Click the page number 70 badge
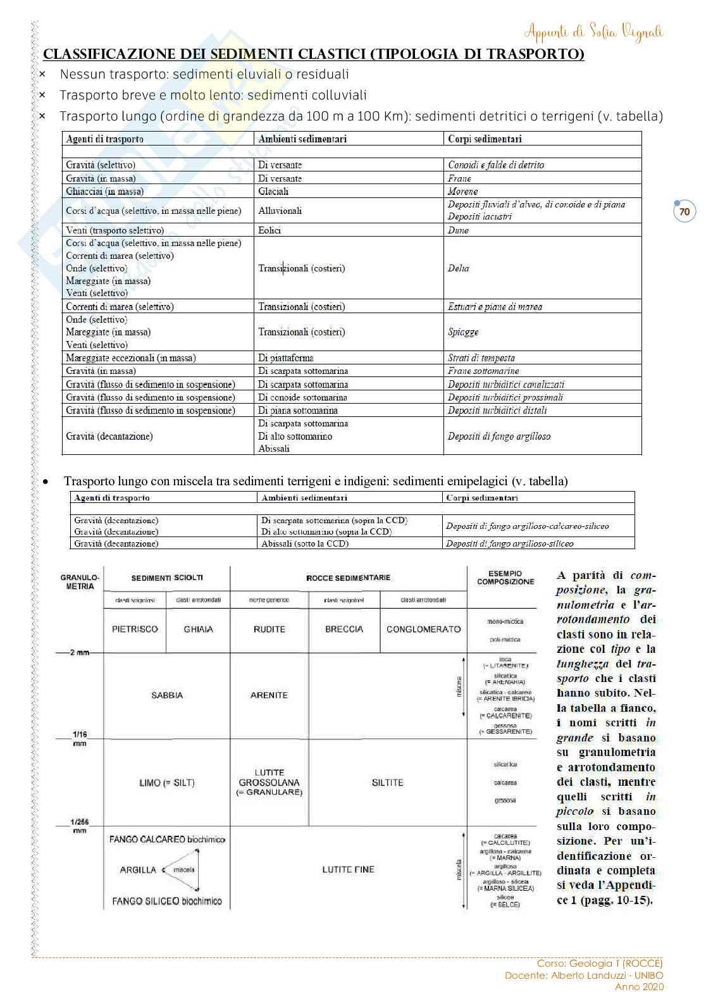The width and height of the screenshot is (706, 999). click(684, 212)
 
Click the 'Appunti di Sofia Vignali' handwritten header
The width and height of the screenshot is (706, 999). click(593, 32)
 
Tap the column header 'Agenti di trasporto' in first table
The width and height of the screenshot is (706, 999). click(105, 139)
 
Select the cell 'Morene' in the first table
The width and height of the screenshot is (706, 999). click(462, 191)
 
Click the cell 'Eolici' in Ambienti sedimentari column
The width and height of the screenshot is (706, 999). click(269, 230)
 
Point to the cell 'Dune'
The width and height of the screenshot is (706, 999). click(458, 230)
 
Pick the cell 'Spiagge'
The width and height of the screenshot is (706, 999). click(463, 332)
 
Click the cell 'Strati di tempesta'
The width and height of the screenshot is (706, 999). click(481, 358)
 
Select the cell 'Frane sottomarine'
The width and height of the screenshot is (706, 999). click(483, 371)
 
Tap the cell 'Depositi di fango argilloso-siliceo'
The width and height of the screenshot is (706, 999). click(509, 543)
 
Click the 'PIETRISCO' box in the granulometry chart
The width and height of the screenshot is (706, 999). click(135, 630)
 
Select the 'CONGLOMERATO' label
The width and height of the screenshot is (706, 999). click(423, 630)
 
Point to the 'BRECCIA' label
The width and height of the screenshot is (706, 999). click(344, 630)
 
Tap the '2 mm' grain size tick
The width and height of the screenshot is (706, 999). click(80, 652)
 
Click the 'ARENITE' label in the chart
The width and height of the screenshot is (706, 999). click(269, 695)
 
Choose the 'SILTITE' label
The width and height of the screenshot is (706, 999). click(387, 783)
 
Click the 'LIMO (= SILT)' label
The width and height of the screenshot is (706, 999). click(167, 783)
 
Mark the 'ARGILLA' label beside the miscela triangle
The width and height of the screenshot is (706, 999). click(138, 870)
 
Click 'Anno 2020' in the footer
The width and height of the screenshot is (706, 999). click(639, 986)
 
